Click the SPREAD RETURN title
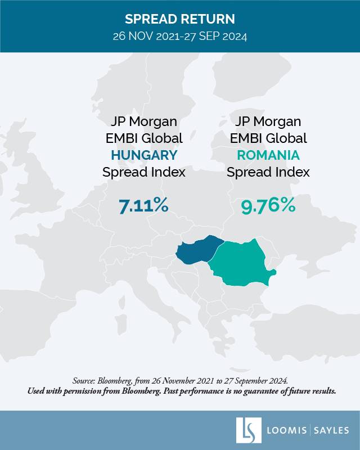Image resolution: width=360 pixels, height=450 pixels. pyautogui.click(x=179, y=19)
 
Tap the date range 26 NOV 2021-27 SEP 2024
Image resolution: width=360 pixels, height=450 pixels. pyautogui.click(x=179, y=37)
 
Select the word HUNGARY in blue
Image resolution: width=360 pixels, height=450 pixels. pyautogui.click(x=143, y=155)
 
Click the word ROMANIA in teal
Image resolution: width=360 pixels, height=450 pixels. pyautogui.click(x=268, y=155)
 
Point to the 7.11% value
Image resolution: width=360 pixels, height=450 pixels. pyautogui.click(x=143, y=206)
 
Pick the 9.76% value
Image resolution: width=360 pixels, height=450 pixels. pyautogui.click(x=268, y=206)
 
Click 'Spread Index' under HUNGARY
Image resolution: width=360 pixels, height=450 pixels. pyautogui.click(x=143, y=172)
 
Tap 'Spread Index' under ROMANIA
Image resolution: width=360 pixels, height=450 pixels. pyautogui.click(x=268, y=172)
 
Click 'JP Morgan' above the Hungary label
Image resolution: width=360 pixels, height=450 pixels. pyautogui.click(x=143, y=121)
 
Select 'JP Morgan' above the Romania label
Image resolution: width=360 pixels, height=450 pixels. pyautogui.click(x=268, y=121)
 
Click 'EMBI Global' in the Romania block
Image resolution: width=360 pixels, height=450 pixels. pyautogui.click(x=268, y=138)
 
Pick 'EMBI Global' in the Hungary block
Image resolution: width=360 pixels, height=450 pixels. pyautogui.click(x=143, y=138)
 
